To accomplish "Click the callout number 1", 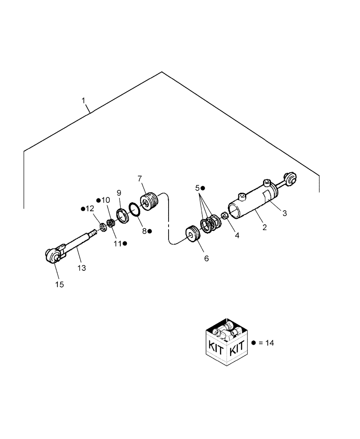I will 83,101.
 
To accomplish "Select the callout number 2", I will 265,227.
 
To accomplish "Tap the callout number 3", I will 284,213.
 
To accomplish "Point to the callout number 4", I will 237,235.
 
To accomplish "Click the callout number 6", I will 206,259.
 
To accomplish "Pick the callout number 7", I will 140,179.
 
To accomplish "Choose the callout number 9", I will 119,193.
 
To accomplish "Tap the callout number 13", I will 81,268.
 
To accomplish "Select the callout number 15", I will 59,284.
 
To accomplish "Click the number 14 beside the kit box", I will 269,343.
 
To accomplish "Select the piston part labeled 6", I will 192,233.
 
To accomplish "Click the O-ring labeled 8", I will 134,209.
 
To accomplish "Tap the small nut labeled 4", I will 224,216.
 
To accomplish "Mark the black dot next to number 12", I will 83,209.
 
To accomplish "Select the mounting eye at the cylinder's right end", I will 291,178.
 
